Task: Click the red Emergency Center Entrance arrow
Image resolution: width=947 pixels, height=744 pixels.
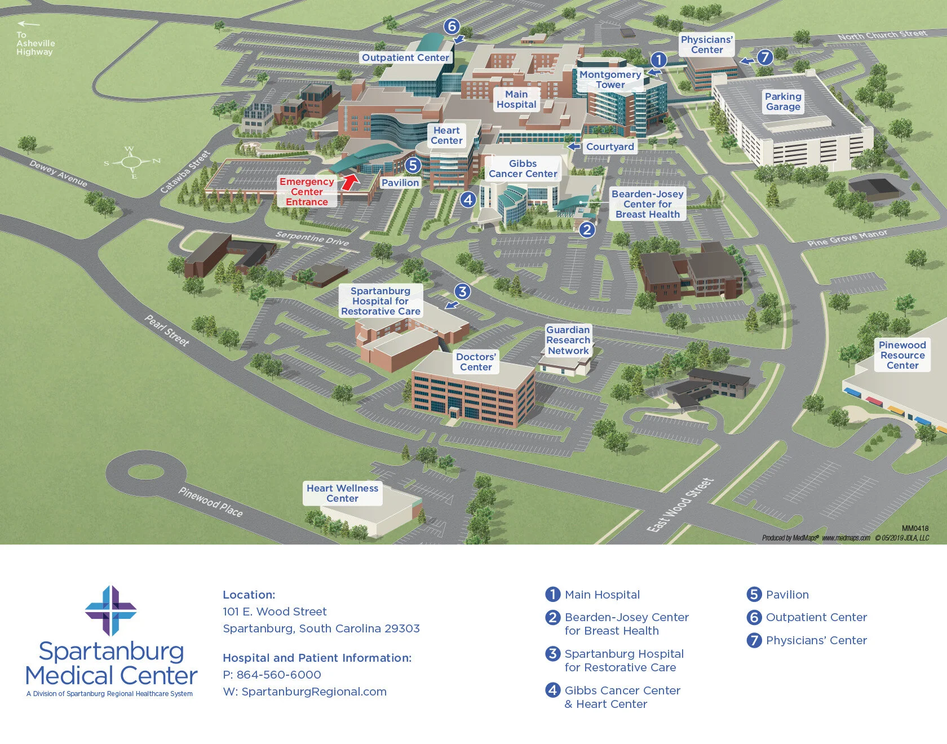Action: pyautogui.click(x=350, y=181)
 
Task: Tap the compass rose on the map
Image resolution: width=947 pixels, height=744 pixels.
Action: pyautogui.click(x=131, y=162)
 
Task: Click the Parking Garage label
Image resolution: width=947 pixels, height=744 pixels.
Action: pyautogui.click(x=783, y=101)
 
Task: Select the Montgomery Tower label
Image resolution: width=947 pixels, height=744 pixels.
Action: pyautogui.click(x=610, y=79)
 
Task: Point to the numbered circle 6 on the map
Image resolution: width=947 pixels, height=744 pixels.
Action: pyautogui.click(x=452, y=26)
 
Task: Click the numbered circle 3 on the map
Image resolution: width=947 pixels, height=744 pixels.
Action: pyautogui.click(x=462, y=291)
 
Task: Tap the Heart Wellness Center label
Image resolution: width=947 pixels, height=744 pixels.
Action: pyautogui.click(x=342, y=493)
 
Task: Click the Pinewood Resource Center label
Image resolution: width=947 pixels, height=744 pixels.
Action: pyautogui.click(x=902, y=355)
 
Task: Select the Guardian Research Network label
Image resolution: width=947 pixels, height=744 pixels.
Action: pyautogui.click(x=568, y=340)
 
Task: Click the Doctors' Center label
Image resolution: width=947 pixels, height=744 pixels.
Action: pyautogui.click(x=476, y=362)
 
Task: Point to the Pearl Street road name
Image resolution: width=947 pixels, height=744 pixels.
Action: pyautogui.click(x=167, y=330)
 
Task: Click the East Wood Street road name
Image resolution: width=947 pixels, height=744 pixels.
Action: pyautogui.click(x=680, y=505)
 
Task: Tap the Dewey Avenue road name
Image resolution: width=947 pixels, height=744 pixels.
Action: pyautogui.click(x=59, y=174)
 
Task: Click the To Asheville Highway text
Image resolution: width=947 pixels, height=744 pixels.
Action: pyautogui.click(x=35, y=43)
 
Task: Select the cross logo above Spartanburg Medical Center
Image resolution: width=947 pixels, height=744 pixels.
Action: pyautogui.click(x=111, y=610)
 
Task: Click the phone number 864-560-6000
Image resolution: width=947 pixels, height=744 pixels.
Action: pyautogui.click(x=278, y=675)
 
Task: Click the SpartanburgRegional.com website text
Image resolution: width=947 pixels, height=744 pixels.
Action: pyautogui.click(x=314, y=692)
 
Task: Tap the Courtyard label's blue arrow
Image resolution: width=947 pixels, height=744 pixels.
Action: pyautogui.click(x=574, y=147)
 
